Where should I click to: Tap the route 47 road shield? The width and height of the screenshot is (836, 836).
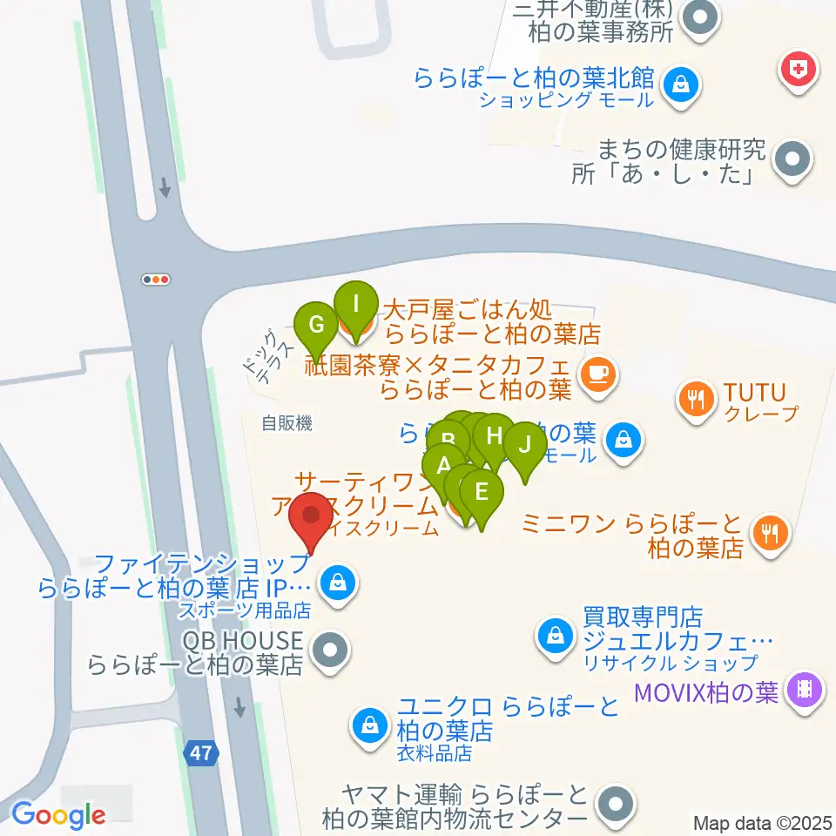click(201, 753)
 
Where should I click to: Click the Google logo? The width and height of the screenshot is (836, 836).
click(58, 816)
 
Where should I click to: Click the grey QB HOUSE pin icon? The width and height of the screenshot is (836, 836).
click(331, 649)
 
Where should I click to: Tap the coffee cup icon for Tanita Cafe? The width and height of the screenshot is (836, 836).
click(598, 373)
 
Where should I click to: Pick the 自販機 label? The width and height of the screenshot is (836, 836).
click(287, 424)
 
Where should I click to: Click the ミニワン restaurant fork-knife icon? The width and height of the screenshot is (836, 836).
click(768, 531)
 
